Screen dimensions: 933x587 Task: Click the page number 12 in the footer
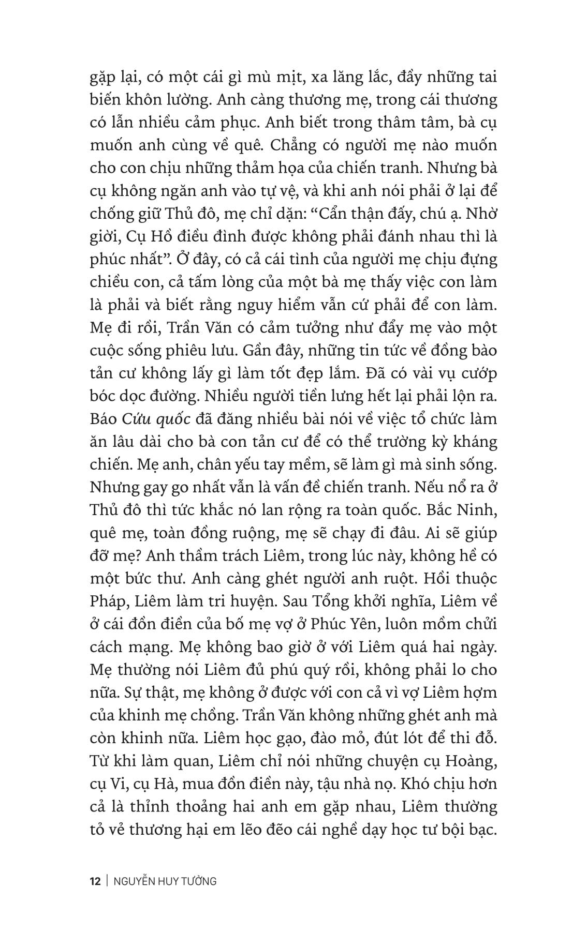pos(95,881)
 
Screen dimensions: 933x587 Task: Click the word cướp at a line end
pos(475,373)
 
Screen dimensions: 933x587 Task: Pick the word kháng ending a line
pos(474,442)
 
